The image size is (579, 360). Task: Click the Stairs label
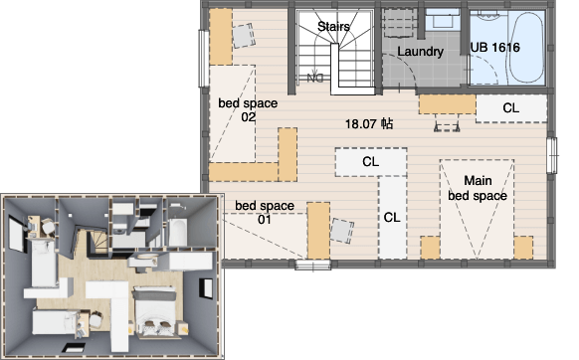(x=333, y=27)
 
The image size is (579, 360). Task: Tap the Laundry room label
(x=420, y=52)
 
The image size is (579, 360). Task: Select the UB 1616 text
(x=495, y=48)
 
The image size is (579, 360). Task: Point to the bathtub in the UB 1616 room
(x=526, y=48)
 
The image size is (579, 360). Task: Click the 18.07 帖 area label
(x=369, y=123)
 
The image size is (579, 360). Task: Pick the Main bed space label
(x=478, y=188)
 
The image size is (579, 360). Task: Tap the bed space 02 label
(x=248, y=109)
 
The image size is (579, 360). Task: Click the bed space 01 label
(x=265, y=212)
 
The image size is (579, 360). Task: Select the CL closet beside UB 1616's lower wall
(x=511, y=108)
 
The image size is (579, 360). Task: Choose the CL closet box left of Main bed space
(x=392, y=218)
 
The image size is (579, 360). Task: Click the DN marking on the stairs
(x=315, y=79)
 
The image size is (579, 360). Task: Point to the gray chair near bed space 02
(x=244, y=36)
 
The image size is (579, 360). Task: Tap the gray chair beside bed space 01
(x=342, y=231)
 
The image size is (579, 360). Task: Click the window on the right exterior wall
(x=552, y=155)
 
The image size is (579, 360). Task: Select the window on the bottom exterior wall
(x=313, y=265)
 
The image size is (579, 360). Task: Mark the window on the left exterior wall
(x=204, y=59)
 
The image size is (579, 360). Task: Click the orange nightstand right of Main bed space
(x=523, y=248)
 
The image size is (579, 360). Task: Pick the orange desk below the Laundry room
(x=447, y=104)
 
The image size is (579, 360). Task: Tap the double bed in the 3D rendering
(x=155, y=311)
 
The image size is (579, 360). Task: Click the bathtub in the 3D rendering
(x=177, y=232)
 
